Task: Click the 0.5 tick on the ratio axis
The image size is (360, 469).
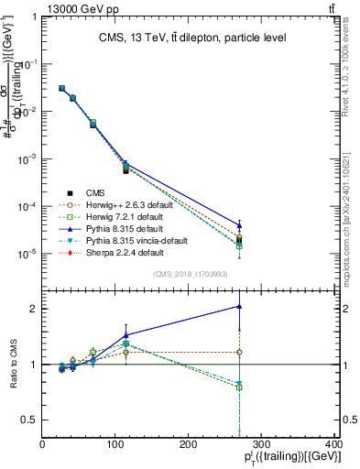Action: pos(33,420)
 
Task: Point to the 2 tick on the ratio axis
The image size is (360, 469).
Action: pos(36,309)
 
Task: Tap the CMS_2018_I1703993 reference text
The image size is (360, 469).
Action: pos(190,275)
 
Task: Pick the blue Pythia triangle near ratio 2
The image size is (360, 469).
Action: pos(240,306)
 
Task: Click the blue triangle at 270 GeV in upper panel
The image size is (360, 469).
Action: pos(240,224)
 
